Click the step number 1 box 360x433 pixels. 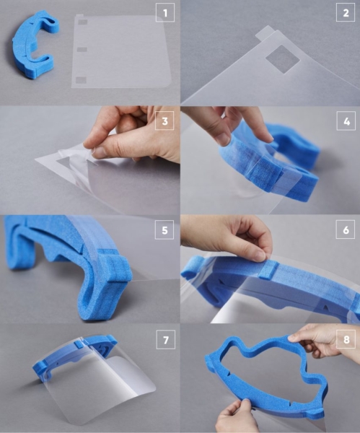coord(165,12)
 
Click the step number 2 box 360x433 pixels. coord(346,12)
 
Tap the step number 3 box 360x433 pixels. coord(164,121)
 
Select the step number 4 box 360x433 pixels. coord(346,121)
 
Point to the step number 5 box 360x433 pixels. coord(164,229)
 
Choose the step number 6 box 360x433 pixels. coord(346,229)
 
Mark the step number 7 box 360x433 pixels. coord(166,339)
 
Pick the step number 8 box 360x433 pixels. coord(346,339)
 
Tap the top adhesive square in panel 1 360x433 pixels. coord(82,22)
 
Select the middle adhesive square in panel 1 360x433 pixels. coord(82,50)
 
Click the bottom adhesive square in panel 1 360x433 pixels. coord(82,80)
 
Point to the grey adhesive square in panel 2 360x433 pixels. coord(283,59)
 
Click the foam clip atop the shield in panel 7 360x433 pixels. coord(79,344)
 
